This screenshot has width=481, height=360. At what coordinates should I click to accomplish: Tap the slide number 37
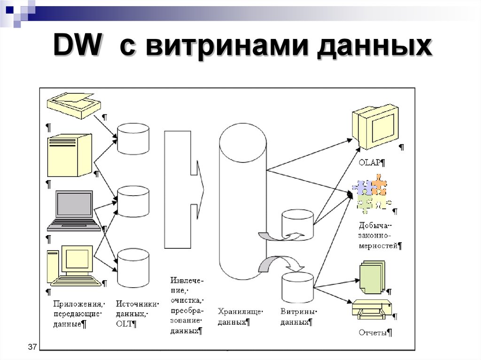pyautogui.click(x=32, y=347)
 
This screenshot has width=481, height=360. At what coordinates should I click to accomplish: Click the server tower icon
pyautogui.click(x=69, y=155)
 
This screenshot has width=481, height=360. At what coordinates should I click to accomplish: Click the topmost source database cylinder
pyautogui.click(x=133, y=139)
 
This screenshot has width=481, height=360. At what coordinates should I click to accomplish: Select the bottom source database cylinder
pyautogui.click(x=133, y=268)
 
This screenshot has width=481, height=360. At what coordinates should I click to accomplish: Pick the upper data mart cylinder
pyautogui.click(x=297, y=225)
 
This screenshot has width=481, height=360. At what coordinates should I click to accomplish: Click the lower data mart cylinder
pyautogui.click(x=297, y=287)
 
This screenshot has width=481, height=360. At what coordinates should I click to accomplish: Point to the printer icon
pyautogui.click(x=371, y=310)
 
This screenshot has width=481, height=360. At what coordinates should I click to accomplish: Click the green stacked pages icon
pyautogui.click(x=372, y=277)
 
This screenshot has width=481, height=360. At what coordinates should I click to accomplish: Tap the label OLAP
pyautogui.click(x=371, y=163)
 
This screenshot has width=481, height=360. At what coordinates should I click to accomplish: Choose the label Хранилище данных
pyautogui.click(x=240, y=316)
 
